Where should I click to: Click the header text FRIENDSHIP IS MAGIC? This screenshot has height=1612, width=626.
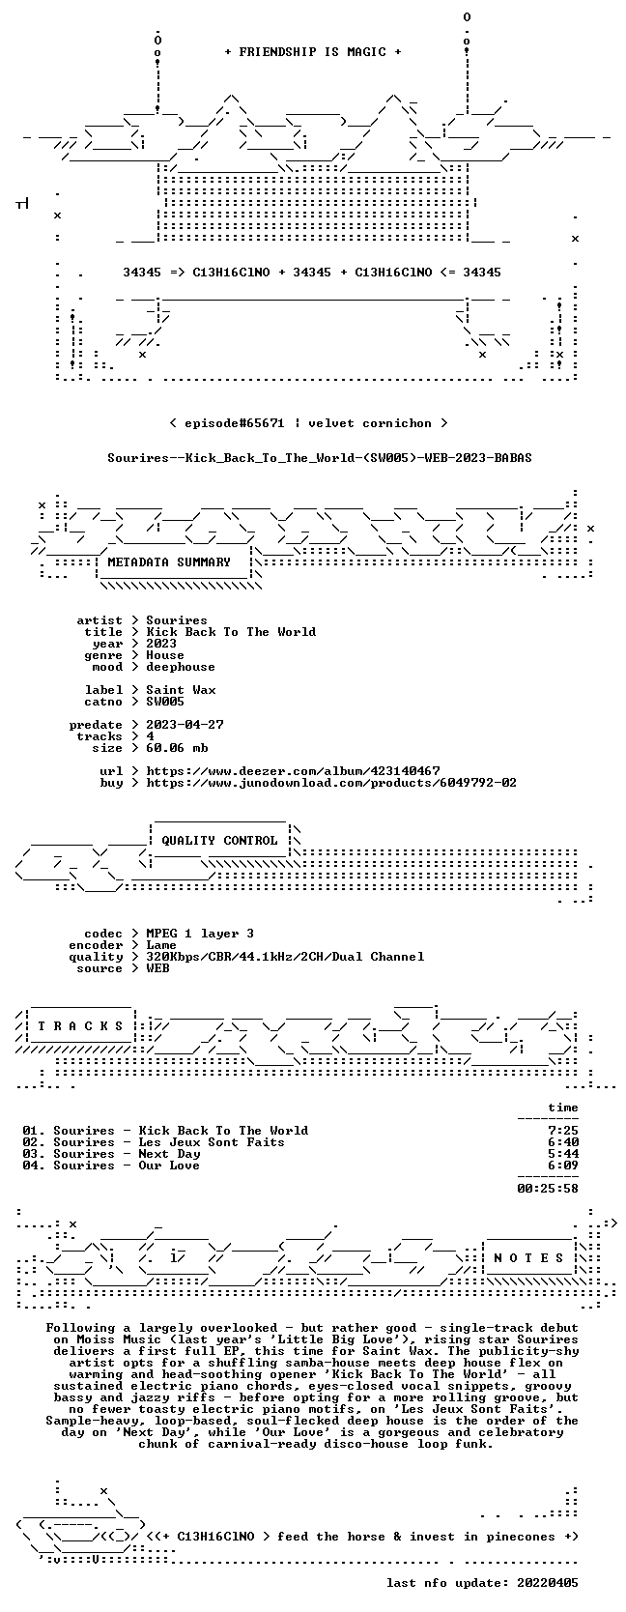(313, 52)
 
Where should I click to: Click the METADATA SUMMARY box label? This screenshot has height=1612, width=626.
(169, 562)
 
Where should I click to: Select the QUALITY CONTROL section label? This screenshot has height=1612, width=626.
(219, 841)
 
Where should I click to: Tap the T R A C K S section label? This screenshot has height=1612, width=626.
(80, 1026)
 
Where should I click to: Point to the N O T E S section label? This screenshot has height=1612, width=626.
(528, 1258)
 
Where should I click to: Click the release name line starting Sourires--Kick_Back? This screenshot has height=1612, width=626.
(320, 458)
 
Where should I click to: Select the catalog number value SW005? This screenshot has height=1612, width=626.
(165, 701)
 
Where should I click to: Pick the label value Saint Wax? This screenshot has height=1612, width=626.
(181, 689)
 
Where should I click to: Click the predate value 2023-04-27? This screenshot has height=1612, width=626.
(185, 724)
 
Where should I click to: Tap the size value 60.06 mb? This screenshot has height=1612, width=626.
(177, 748)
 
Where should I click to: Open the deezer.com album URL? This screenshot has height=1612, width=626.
(293, 771)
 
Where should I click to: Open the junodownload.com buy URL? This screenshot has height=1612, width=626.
(331, 782)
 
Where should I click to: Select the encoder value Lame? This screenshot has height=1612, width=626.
(161, 945)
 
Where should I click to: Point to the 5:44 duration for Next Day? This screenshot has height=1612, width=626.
(563, 1154)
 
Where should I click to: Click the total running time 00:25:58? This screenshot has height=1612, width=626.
(548, 1188)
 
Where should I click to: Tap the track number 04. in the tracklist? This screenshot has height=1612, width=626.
(33, 1166)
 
